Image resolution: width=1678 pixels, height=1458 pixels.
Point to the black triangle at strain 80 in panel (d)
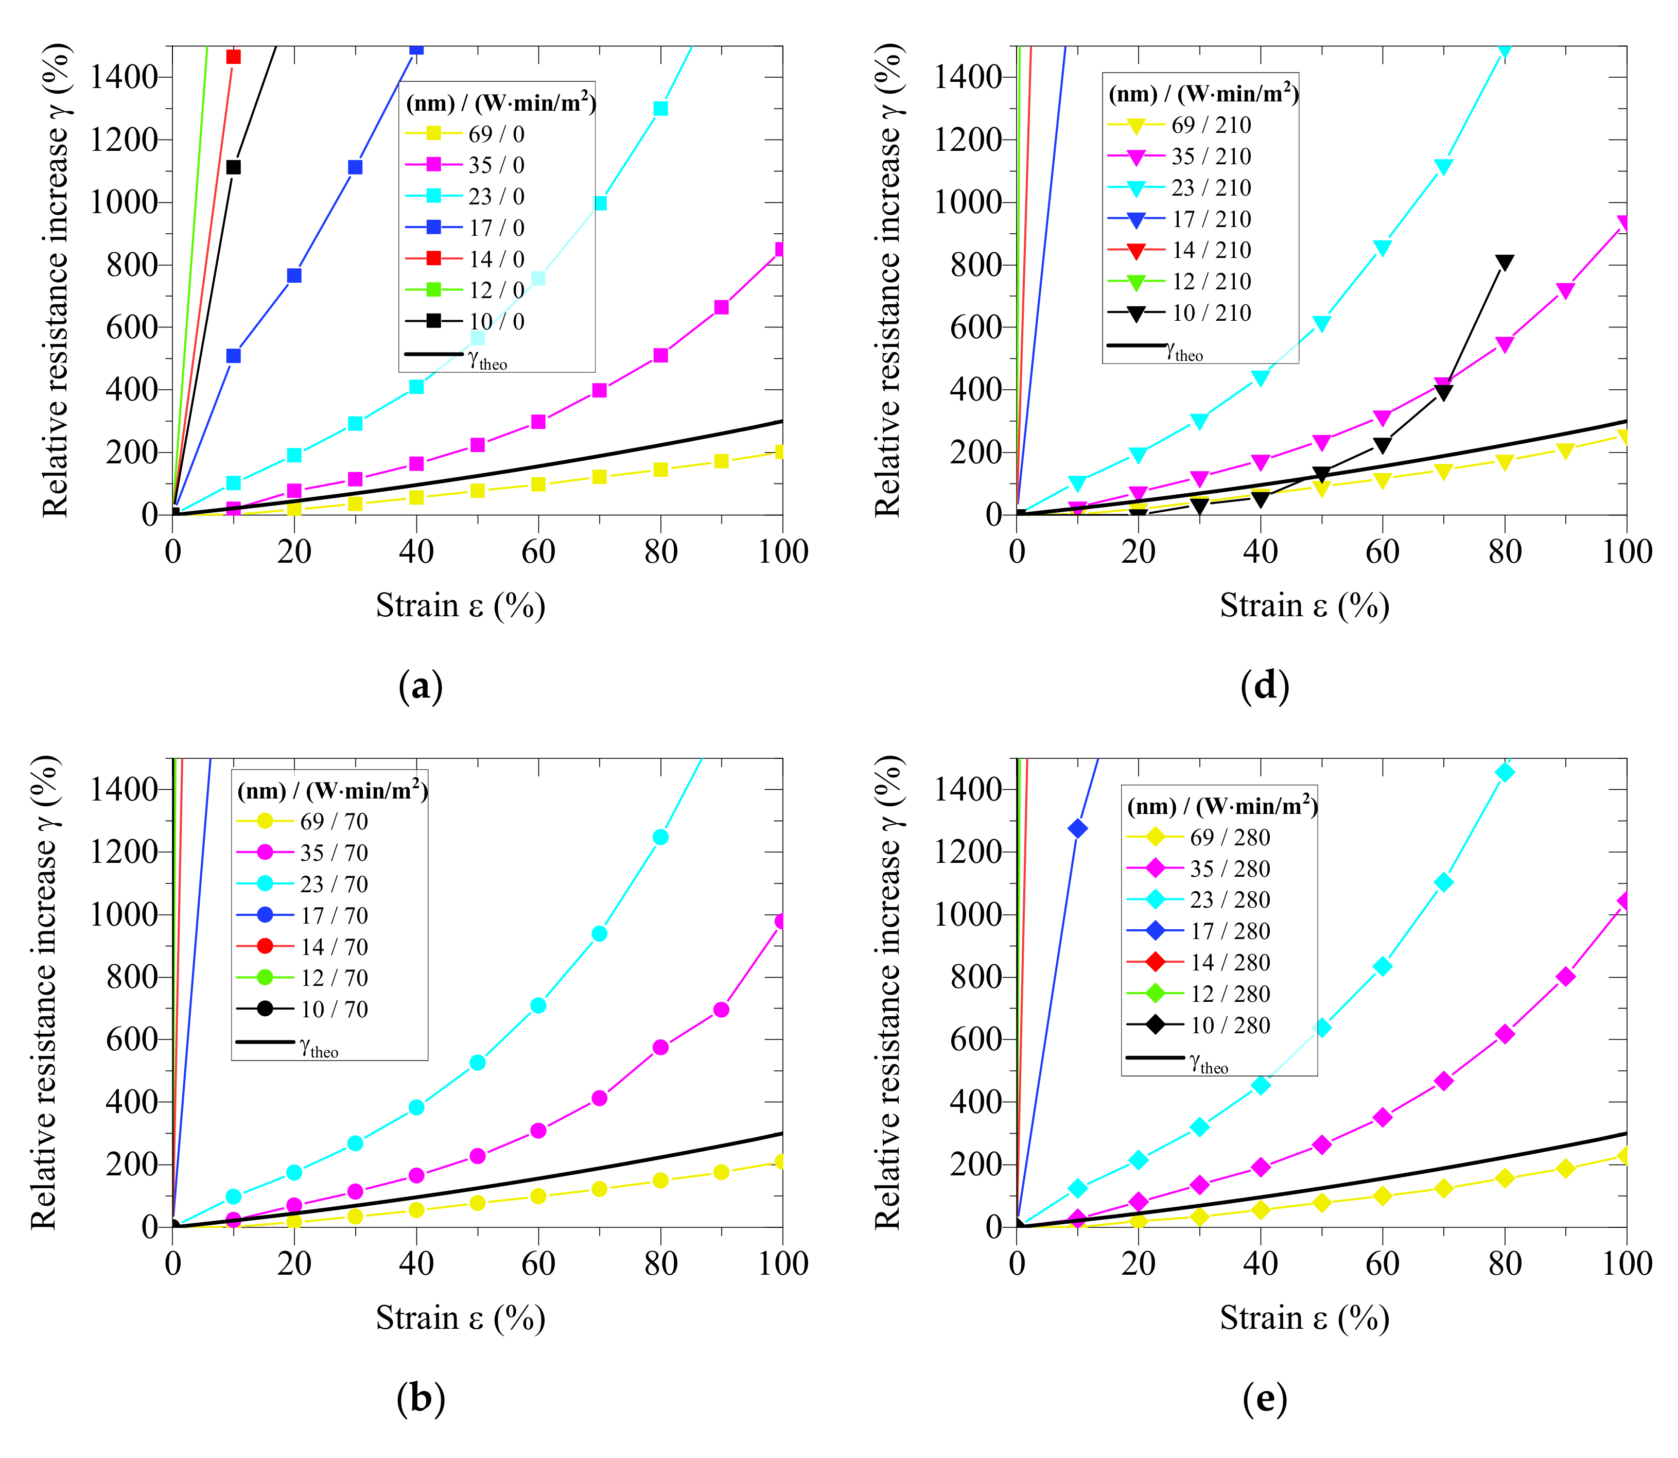point(1504,262)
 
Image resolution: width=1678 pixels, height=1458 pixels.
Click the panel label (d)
point(1265,685)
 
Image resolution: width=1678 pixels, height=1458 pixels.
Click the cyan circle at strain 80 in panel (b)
point(660,837)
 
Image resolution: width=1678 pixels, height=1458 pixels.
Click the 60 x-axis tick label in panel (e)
point(1382,1263)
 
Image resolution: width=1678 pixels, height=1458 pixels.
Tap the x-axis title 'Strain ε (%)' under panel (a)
point(460,605)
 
